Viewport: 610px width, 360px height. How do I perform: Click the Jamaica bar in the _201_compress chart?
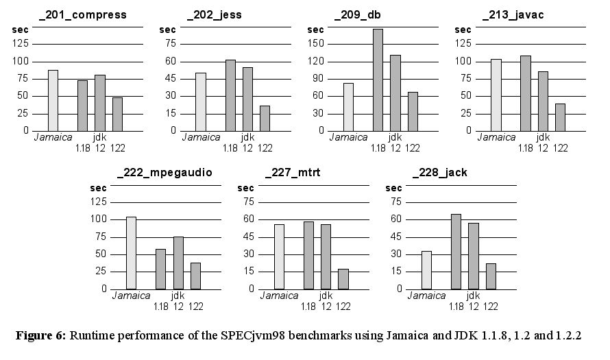(53, 100)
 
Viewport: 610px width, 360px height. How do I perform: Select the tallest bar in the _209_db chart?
(378, 80)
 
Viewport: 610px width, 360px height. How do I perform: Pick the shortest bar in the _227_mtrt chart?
(343, 279)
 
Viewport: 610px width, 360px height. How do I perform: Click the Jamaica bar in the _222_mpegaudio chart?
(131, 253)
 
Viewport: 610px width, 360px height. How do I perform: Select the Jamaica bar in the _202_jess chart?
(200, 101)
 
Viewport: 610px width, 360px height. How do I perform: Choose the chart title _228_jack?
(440, 172)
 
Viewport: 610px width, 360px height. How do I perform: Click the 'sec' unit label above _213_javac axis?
(463, 30)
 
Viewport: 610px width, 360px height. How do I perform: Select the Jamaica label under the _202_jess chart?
(201, 137)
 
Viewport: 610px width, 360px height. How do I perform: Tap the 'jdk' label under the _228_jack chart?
(473, 296)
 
